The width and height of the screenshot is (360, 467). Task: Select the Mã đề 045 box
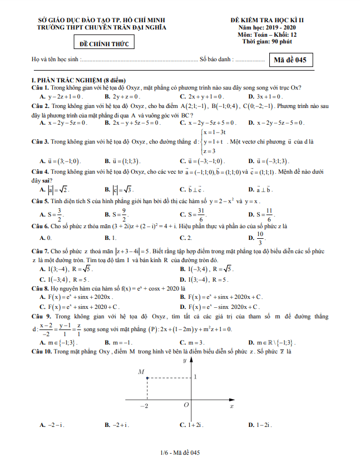290,60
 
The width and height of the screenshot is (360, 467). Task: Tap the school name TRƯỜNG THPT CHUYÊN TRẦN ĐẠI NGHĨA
101,26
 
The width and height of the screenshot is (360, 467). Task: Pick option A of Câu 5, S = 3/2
52,214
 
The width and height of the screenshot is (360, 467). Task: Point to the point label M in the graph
141,371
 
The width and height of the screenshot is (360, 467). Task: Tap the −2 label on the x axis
144,406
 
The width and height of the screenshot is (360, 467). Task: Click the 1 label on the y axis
195,377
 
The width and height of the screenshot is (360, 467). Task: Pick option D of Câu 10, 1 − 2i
260,425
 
